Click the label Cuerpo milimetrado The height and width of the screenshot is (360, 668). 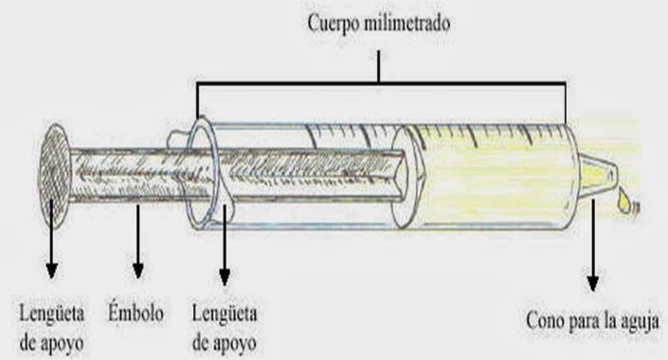pyautogui.click(x=377, y=24)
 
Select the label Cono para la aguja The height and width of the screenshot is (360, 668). pyautogui.click(x=591, y=319)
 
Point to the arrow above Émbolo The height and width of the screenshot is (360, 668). pyautogui.click(x=138, y=242)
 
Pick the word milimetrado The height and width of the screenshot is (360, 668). pyautogui.click(x=407, y=24)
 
